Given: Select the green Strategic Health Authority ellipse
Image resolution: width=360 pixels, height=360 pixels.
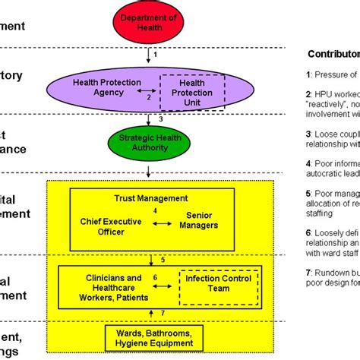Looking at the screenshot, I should (156, 141).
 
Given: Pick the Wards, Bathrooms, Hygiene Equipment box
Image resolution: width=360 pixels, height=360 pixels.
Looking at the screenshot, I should (155, 335).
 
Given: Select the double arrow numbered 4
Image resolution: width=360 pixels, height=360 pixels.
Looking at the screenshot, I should (156, 225).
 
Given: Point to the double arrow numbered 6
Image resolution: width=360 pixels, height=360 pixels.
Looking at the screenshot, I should (156, 283).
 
